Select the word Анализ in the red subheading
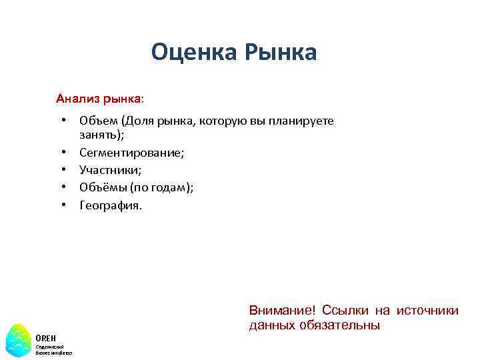[77, 99]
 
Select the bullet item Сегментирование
[132, 153]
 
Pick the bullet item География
[111, 205]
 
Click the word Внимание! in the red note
[282, 311]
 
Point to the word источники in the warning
[427, 311]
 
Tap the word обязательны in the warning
[344, 325]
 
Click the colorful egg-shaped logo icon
[18, 340]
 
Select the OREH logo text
[46, 337]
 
